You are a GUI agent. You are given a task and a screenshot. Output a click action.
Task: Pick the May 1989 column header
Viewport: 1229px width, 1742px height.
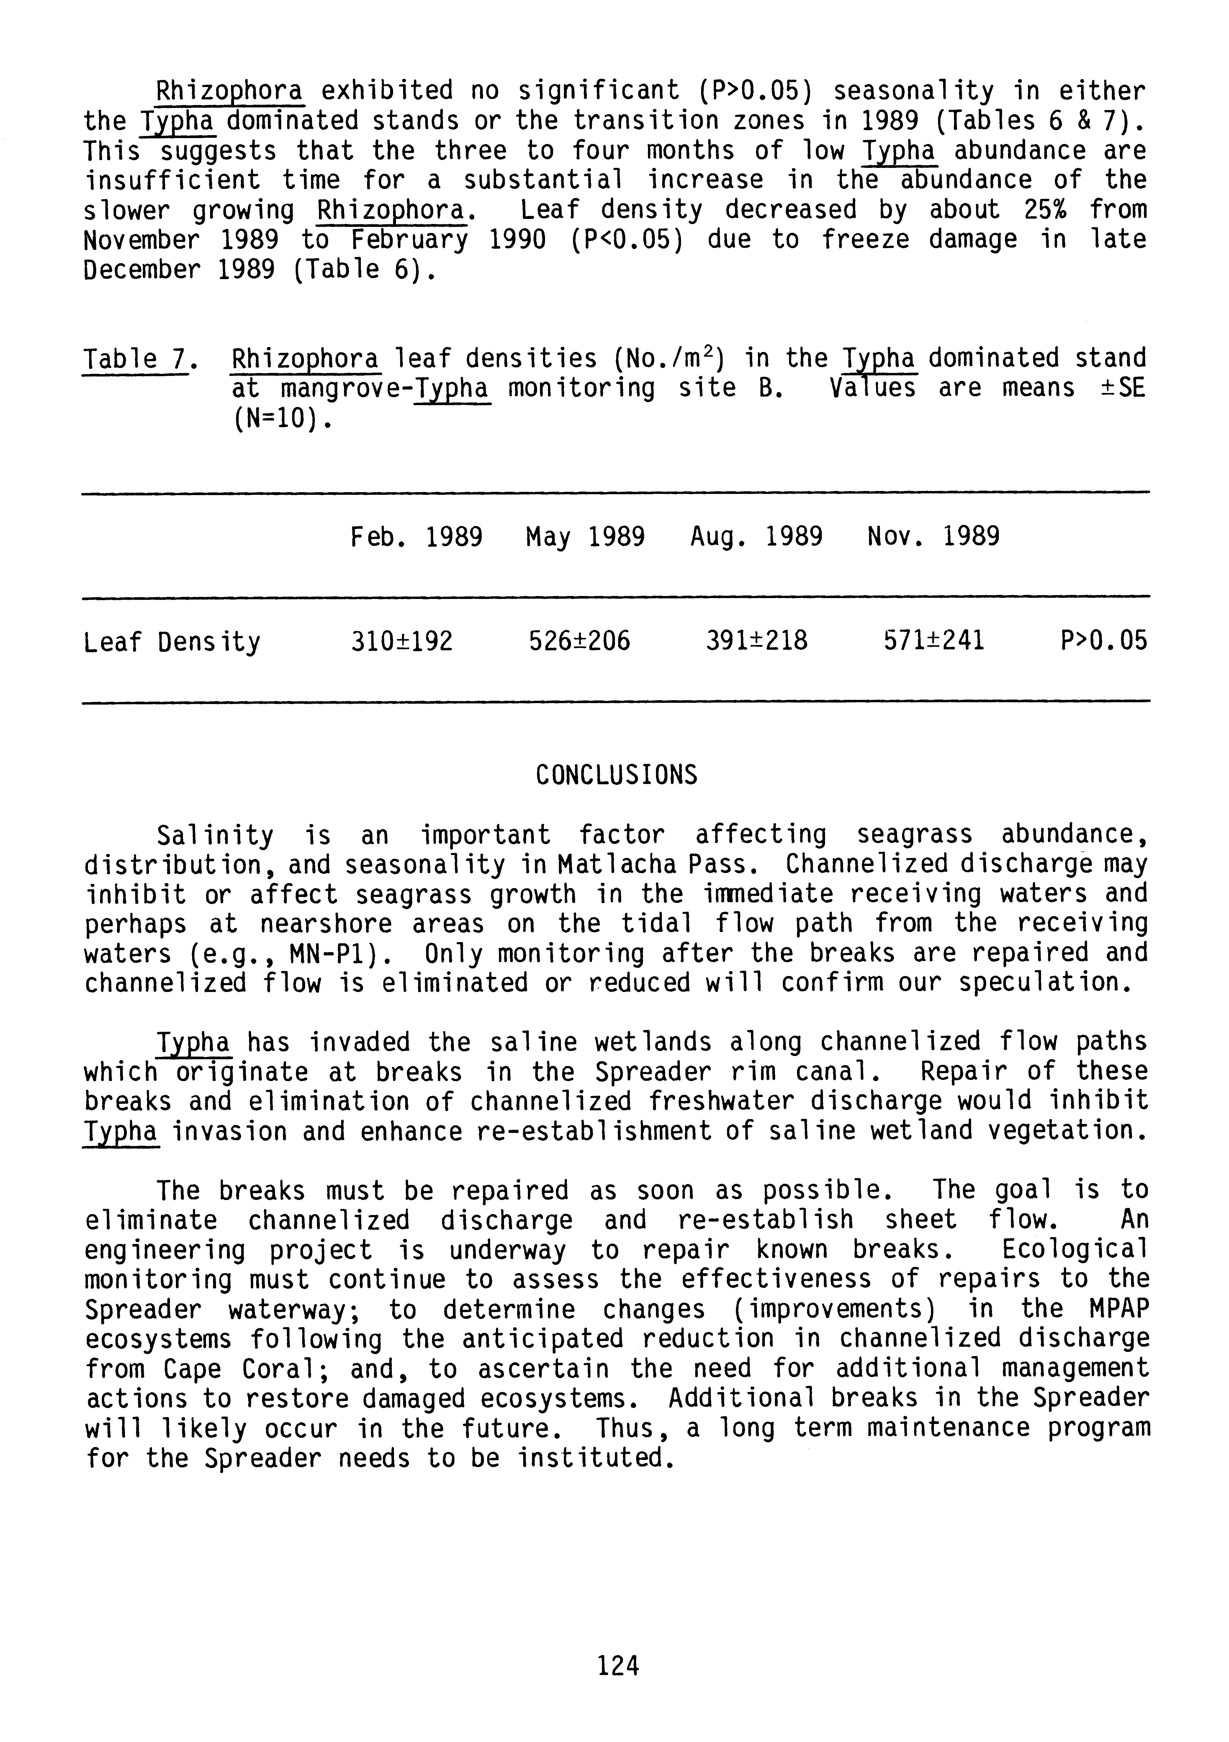coord(585,537)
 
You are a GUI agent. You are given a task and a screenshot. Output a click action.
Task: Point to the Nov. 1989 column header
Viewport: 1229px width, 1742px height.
coord(933,537)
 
